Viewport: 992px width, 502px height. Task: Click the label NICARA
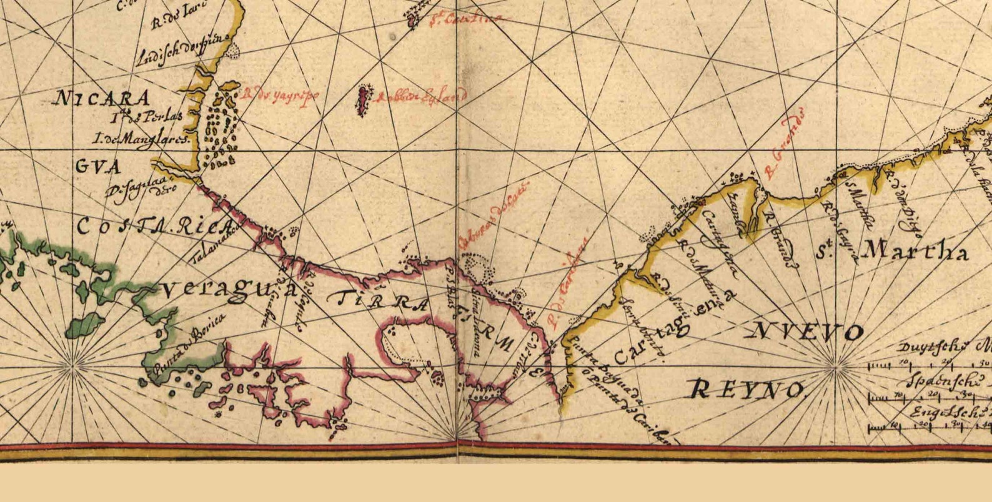pyautogui.click(x=103, y=99)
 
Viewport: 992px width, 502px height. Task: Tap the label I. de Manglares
pyautogui.click(x=141, y=139)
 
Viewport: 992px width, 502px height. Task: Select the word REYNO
pyautogui.click(x=746, y=390)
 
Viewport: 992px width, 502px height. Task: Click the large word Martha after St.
pyautogui.click(x=915, y=252)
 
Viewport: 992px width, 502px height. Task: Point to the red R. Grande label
pyautogui.click(x=783, y=144)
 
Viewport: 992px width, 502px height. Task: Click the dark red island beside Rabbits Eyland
pyautogui.click(x=362, y=101)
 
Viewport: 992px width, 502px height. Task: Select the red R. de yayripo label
pyautogui.click(x=280, y=96)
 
